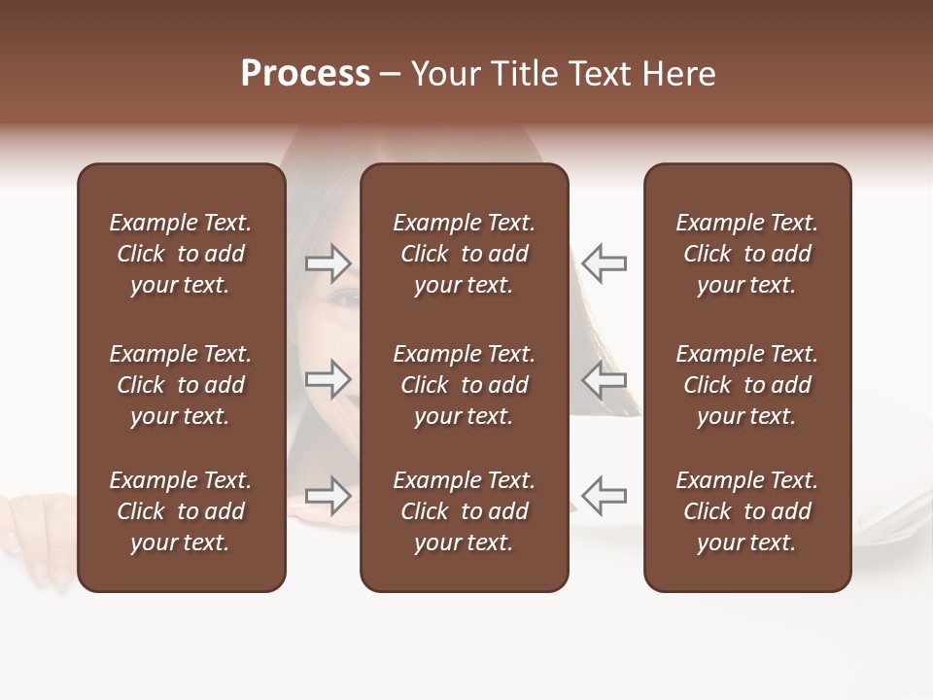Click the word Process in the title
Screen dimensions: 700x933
305,74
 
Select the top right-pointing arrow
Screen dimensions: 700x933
328,262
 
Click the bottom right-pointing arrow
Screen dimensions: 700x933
328,495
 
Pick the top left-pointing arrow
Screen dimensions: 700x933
604,262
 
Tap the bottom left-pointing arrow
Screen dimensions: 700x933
604,495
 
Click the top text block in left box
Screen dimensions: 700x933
181,254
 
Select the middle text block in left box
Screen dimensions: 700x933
181,385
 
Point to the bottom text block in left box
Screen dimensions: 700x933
181,511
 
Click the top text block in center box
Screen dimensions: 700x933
464,254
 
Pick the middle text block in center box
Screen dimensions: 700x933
464,385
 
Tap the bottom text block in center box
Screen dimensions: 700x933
464,511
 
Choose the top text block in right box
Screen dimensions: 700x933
746,254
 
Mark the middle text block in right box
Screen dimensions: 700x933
746,385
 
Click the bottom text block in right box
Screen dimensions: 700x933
746,511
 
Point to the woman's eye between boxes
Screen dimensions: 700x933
346,299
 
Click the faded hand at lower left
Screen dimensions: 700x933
39,540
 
